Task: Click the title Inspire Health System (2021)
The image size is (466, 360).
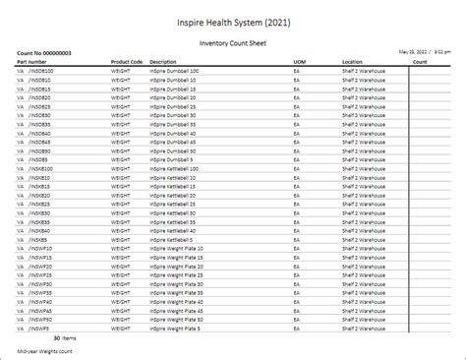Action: click(233, 22)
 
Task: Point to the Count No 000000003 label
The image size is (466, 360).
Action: click(44, 53)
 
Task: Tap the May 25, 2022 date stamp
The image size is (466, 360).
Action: click(416, 49)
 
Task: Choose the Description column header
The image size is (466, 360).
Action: click(164, 62)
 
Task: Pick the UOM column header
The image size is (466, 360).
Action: click(299, 62)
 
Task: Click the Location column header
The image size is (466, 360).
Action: click(353, 62)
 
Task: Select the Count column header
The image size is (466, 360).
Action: click(419, 62)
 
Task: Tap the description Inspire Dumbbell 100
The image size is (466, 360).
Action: click(174, 71)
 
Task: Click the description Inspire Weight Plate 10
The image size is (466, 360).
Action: click(177, 249)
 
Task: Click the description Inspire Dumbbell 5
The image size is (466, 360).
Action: click(172, 159)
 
